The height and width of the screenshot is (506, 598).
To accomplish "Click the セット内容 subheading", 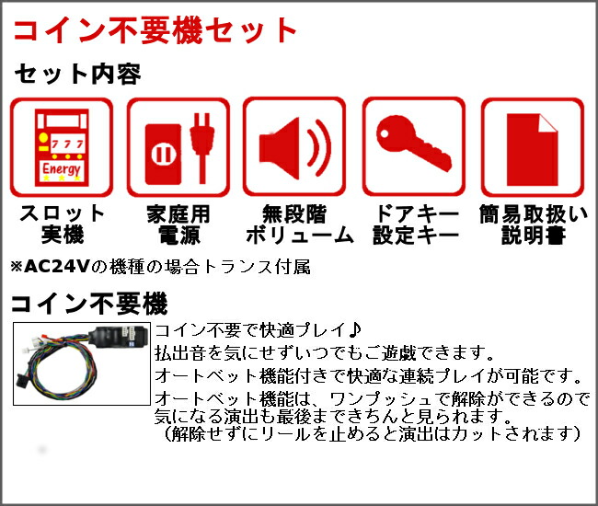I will [76, 74].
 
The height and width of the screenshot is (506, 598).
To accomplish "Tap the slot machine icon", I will [60, 147].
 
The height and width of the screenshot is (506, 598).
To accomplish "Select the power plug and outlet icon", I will [178, 147].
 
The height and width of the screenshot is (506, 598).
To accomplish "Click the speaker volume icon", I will [294, 147].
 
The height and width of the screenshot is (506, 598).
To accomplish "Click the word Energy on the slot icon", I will [61, 169].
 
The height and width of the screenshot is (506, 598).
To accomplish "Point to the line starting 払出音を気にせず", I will [325, 353].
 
